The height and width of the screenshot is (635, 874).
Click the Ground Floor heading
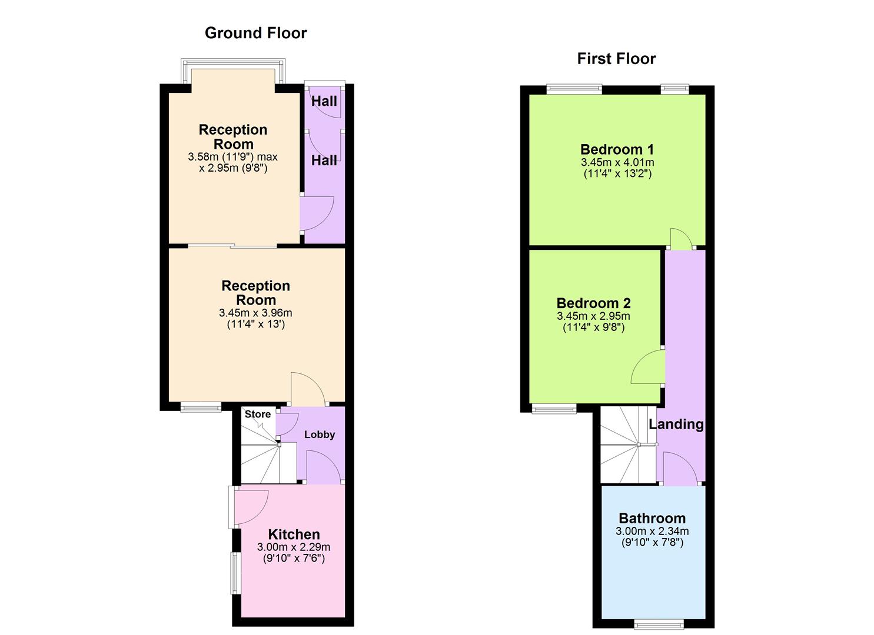(x=255, y=33)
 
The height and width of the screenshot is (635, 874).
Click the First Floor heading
(x=616, y=59)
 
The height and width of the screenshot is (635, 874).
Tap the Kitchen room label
(x=294, y=534)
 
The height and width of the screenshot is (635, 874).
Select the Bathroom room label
(x=652, y=518)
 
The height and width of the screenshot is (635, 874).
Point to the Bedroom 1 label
(x=617, y=149)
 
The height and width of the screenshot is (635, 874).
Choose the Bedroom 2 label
(x=593, y=303)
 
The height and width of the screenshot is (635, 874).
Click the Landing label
(x=676, y=424)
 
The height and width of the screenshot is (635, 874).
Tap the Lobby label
(x=320, y=435)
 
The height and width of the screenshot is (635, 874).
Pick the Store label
(x=258, y=414)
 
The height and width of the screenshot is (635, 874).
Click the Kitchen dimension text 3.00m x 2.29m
(x=294, y=547)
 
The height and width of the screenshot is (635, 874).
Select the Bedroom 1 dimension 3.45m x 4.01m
(x=617, y=162)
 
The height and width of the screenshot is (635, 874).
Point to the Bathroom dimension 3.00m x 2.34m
(x=652, y=531)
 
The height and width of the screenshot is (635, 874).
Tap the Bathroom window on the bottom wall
(x=659, y=623)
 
